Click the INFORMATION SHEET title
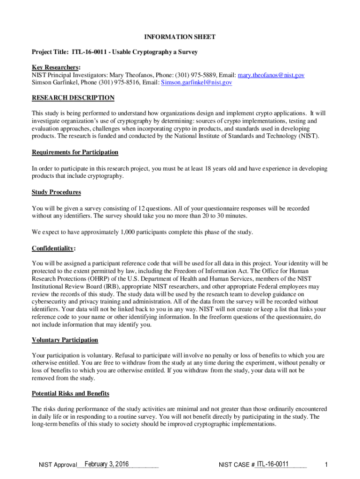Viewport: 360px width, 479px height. [x=180, y=37]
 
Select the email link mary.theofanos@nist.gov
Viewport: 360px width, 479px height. [x=271, y=75]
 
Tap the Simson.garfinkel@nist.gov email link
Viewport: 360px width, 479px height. [x=196, y=83]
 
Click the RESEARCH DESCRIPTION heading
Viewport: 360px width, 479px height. [x=73, y=98]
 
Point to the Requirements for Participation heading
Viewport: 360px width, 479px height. [x=75, y=152]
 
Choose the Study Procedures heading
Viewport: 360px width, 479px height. [x=56, y=192]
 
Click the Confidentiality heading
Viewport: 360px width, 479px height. [x=53, y=248]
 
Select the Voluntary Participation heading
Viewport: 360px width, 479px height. [x=65, y=340]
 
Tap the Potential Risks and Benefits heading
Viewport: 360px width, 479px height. [x=71, y=394]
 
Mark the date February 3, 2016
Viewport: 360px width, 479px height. [x=107, y=464]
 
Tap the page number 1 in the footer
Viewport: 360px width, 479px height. [x=326, y=464]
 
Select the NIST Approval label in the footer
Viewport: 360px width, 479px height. [x=58, y=465]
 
